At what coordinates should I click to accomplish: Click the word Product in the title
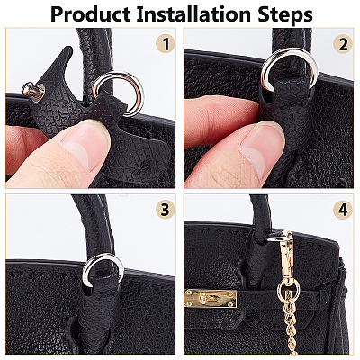tap(90, 13)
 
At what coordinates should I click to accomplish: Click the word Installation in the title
tap(193, 13)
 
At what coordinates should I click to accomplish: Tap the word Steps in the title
tap(284, 14)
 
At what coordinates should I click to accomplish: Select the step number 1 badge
tap(166, 43)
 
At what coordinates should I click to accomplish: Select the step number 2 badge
tap(343, 44)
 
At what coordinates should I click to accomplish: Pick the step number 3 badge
tap(166, 210)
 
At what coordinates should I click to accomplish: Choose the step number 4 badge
tap(343, 210)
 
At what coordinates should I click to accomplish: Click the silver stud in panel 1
tap(33, 90)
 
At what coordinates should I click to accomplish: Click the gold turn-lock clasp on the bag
tap(210, 299)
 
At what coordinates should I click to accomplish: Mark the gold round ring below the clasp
tap(288, 290)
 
